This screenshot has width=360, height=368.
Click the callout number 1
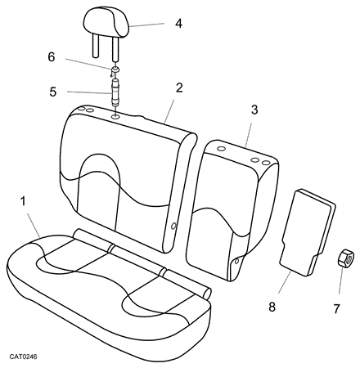(x=23, y=201)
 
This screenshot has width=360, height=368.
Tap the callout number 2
(x=179, y=88)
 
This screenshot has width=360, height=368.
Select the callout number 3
(x=254, y=110)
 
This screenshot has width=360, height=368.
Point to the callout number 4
(x=178, y=24)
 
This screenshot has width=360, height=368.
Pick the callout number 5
(x=53, y=92)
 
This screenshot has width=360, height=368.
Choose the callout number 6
(x=52, y=57)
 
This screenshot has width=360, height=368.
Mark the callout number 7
(x=336, y=309)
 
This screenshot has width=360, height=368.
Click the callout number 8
(x=272, y=307)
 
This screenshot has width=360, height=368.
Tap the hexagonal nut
(x=345, y=258)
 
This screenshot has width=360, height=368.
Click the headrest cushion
(x=106, y=22)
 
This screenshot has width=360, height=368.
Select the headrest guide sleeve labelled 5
(x=115, y=92)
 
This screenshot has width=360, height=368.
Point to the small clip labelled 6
(x=115, y=71)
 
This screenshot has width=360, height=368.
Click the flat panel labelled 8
(x=308, y=231)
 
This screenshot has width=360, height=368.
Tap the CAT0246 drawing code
(x=23, y=357)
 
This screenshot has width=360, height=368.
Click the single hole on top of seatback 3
(x=222, y=149)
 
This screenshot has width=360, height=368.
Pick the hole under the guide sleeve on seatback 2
(x=115, y=117)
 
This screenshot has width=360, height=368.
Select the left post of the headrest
(x=95, y=45)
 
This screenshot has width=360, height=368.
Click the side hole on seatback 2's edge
(x=173, y=226)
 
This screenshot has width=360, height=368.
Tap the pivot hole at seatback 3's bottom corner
(x=236, y=261)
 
